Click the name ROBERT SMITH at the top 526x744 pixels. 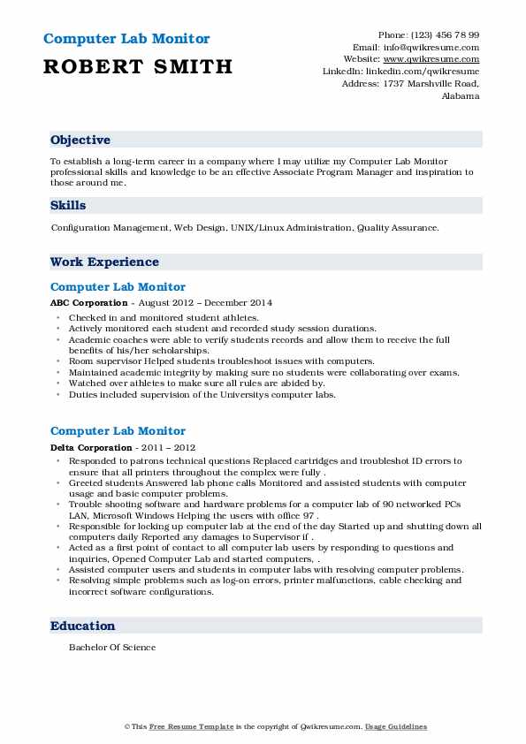tap(137, 66)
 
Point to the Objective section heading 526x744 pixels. tap(80, 140)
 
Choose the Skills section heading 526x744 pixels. tap(68, 205)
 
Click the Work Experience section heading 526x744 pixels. tap(104, 262)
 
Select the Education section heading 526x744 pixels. tap(83, 626)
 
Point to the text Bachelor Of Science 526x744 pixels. tap(112, 647)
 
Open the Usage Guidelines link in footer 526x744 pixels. tap(396, 726)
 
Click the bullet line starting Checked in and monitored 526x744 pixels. tap(164, 317)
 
